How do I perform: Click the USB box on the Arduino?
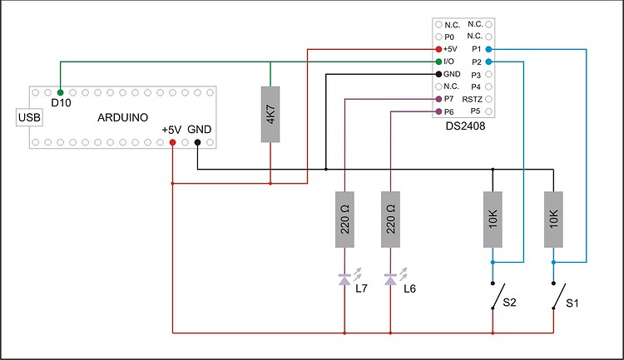tap(29, 118)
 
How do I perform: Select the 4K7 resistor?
tap(270, 113)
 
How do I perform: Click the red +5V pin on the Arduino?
tap(172, 142)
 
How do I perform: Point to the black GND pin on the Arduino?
tap(197, 142)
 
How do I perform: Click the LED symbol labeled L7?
tap(344, 280)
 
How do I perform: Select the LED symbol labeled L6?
tap(390, 280)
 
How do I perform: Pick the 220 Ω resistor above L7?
tap(344, 219)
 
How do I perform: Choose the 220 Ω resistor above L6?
tap(390, 219)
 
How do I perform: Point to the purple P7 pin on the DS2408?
tap(438, 98)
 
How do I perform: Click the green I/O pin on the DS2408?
tap(438, 62)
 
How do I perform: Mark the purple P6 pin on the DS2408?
tap(438, 111)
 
